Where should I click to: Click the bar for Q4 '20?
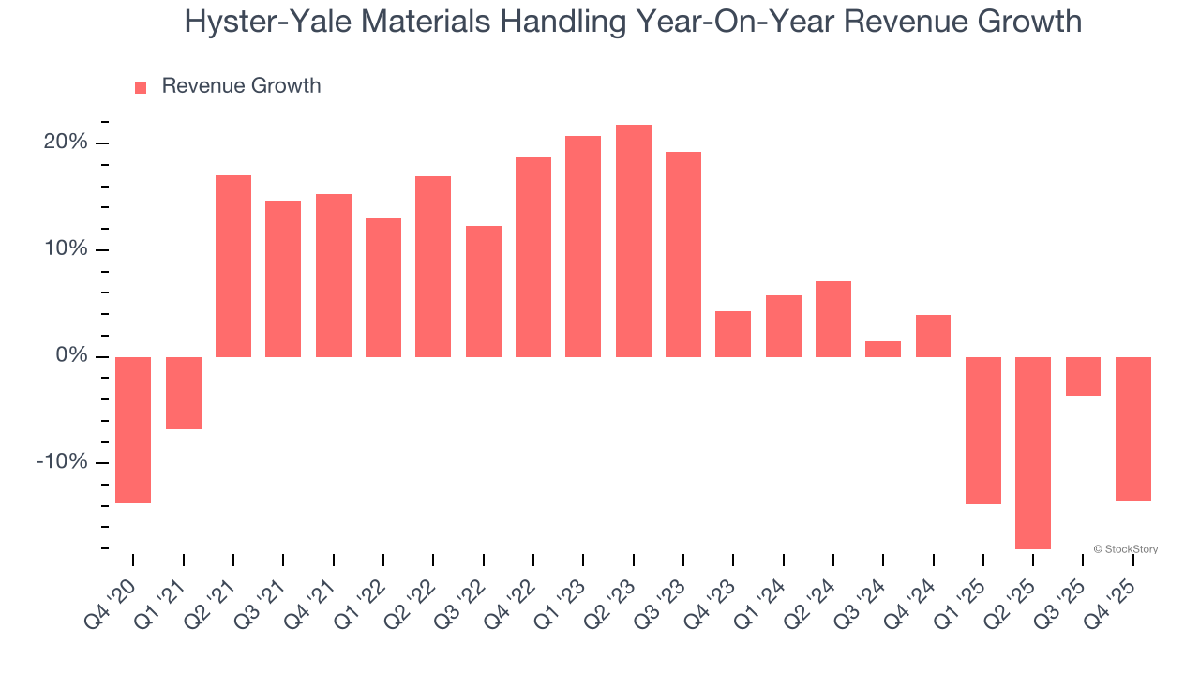tap(133, 429)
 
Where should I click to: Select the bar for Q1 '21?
tap(184, 393)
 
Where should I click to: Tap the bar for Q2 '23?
tap(634, 241)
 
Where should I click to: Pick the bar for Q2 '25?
tap(1033, 453)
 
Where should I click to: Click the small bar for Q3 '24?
tap(883, 349)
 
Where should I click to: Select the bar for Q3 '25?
tap(1083, 376)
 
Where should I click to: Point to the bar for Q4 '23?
tap(733, 334)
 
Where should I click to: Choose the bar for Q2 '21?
tap(233, 266)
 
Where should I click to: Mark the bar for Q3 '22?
tap(484, 292)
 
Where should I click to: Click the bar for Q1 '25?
tap(983, 430)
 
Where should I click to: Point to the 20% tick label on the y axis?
tap(65, 142)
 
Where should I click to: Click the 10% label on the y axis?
tap(65, 249)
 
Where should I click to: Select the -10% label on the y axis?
tap(62, 463)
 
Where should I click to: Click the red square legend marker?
tap(141, 88)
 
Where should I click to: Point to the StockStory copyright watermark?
tap(1125, 549)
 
